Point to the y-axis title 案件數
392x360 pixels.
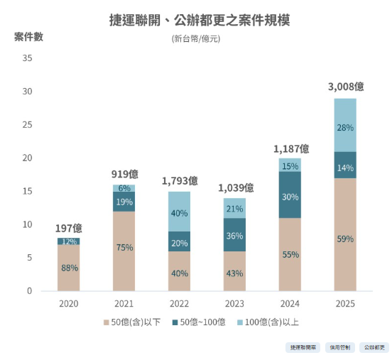28,37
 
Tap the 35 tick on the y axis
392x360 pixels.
28,58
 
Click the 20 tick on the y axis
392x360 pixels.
28,158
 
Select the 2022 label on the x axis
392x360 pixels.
179,303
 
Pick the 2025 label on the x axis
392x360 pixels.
345,303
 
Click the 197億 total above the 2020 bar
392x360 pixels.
69,228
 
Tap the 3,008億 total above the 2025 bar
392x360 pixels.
345,87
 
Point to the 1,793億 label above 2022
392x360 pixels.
179,180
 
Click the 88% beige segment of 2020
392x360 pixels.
69,268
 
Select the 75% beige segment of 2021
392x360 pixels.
124,248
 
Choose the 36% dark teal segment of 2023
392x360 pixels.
234,235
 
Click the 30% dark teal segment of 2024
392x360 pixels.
290,197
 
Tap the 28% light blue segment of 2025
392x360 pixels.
345,127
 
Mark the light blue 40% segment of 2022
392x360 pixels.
179,212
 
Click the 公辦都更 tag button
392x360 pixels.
374,347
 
